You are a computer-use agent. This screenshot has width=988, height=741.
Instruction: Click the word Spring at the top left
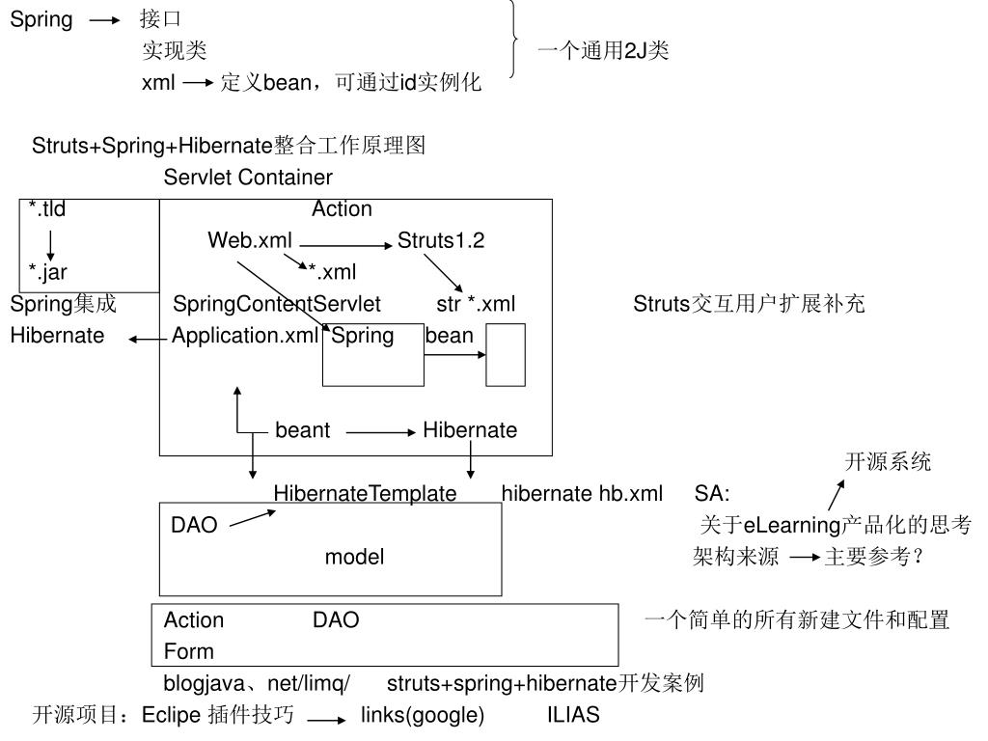point(41,20)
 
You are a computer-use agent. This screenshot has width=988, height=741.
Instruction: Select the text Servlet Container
point(248,178)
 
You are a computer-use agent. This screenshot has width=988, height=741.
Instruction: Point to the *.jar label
point(47,272)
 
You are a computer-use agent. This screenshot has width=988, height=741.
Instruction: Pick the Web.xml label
point(250,241)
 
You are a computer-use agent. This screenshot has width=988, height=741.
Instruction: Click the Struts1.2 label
point(441,241)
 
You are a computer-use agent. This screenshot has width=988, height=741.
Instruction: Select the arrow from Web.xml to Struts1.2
point(344,242)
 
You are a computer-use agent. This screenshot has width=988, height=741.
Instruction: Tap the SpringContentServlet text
point(277,305)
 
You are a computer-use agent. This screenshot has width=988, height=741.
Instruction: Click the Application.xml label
point(245,336)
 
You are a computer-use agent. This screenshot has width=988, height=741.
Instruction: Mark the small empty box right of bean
point(506,355)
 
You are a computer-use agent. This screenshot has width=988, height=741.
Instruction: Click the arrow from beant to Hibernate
point(379,431)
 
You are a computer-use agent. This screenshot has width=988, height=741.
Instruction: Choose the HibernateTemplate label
point(365,494)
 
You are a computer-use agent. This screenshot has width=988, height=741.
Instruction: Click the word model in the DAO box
point(354,557)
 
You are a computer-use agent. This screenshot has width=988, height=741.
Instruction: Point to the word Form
point(189,651)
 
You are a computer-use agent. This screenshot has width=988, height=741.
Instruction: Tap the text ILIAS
point(573,716)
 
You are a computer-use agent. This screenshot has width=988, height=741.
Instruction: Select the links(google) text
point(423,716)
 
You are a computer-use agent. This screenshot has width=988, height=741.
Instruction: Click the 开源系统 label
point(888,462)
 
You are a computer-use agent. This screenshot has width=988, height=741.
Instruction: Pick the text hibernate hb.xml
point(582,494)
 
